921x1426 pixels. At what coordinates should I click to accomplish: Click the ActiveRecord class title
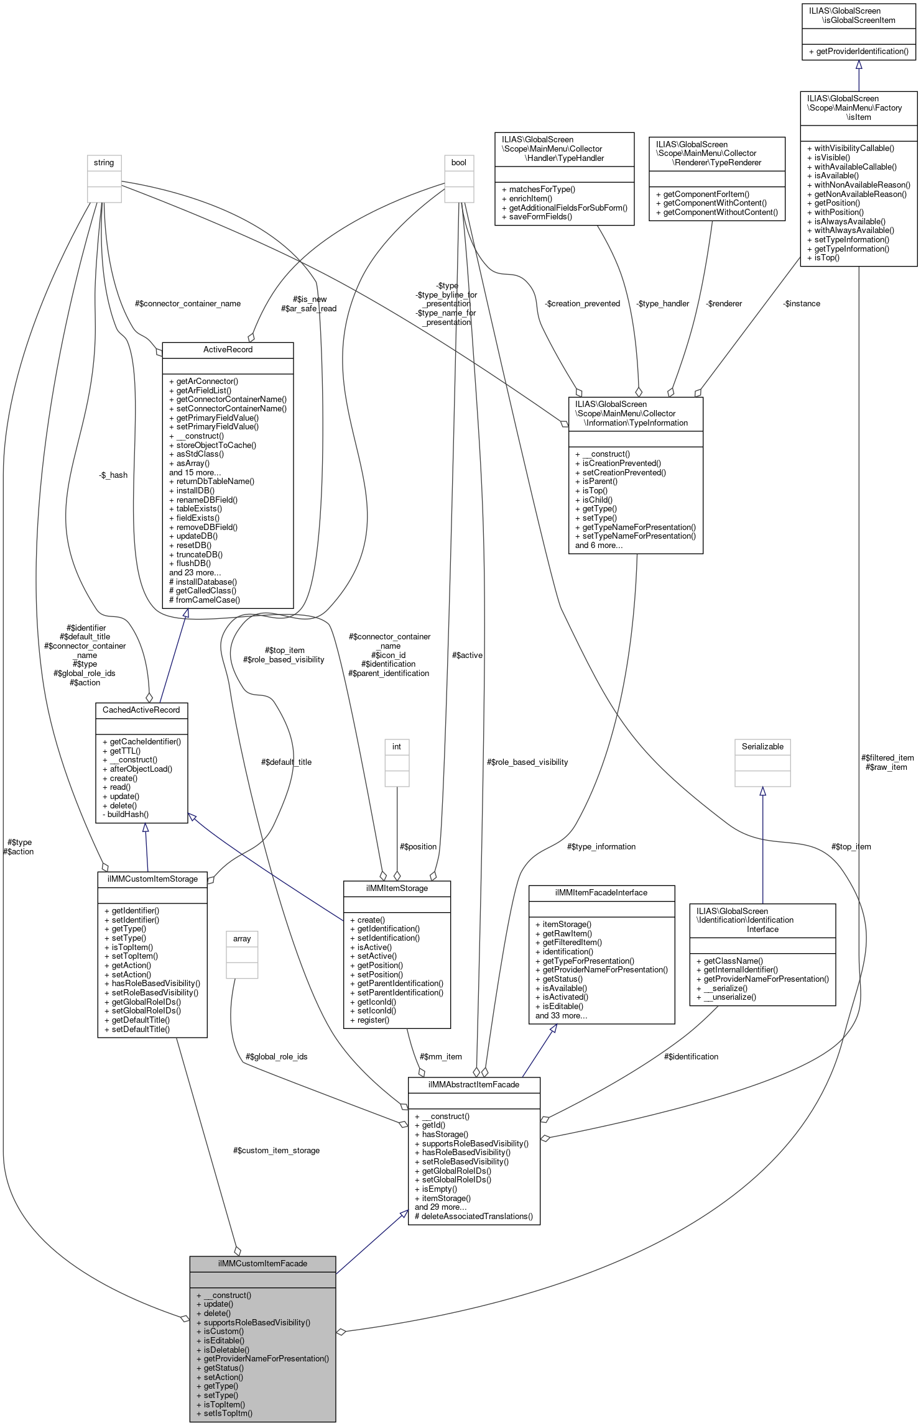tap(228, 350)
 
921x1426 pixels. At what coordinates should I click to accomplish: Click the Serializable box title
tap(762, 747)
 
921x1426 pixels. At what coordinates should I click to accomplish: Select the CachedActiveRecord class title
tap(141, 710)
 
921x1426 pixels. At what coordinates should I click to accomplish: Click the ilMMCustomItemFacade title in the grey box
tap(262, 1264)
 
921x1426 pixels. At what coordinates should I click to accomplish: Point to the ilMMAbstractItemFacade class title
tap(474, 1084)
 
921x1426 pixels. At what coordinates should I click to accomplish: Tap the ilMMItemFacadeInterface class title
tap(601, 893)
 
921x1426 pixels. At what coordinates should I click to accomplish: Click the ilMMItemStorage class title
tap(397, 889)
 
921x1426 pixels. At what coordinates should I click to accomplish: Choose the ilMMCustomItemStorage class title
tap(152, 879)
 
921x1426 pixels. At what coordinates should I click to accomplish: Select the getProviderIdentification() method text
tap(862, 52)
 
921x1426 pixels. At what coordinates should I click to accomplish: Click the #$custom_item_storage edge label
tap(276, 1151)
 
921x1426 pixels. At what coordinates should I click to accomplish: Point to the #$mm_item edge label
tap(441, 1057)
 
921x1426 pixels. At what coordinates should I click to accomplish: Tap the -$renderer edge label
tap(724, 304)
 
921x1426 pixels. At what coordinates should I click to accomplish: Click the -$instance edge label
tap(802, 304)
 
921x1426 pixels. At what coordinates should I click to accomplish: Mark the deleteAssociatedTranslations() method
tap(476, 1217)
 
